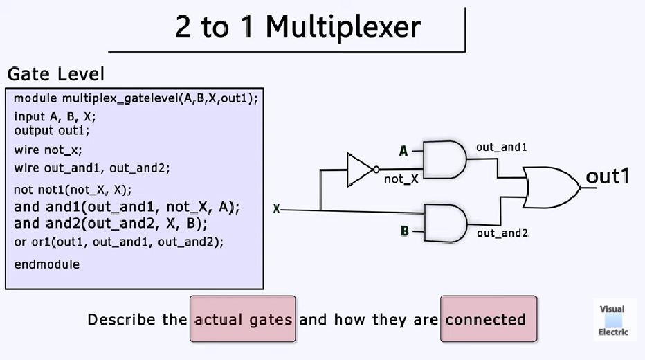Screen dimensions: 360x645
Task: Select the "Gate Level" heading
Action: tap(56, 74)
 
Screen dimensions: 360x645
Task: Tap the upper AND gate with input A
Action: tap(444, 159)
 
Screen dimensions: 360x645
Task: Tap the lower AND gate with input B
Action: tap(444, 222)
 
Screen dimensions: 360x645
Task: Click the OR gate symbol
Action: tap(551, 187)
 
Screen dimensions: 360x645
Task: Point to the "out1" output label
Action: tap(607, 177)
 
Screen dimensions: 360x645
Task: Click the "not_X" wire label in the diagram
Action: tap(401, 179)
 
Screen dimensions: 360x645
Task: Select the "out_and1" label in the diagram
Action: tap(502, 147)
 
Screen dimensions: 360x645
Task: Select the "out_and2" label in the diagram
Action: tap(502, 233)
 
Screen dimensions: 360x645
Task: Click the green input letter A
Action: tap(403, 151)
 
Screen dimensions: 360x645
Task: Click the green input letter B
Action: tap(405, 231)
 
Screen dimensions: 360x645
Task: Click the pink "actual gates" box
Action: tap(243, 319)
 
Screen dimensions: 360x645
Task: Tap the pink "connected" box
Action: tap(489, 319)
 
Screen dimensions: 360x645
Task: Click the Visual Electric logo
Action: tap(613, 320)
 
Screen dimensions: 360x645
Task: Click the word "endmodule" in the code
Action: tap(46, 264)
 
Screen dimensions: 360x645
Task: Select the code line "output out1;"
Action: tap(52, 130)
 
